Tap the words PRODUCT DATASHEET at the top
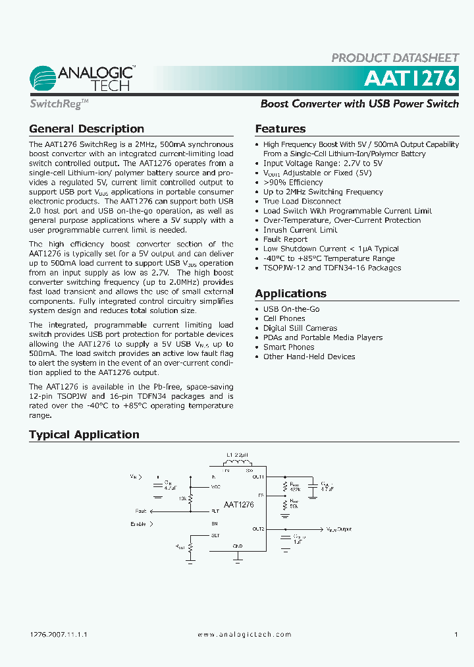394,58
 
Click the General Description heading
86,129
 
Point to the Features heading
280,129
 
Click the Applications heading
290,293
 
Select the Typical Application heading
84,434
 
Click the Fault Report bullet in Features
285,239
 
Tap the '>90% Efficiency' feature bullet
293,182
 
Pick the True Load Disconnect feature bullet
302,201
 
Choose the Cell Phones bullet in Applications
284,318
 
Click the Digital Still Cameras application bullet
300,328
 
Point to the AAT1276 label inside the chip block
238,505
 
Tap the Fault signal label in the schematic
141,511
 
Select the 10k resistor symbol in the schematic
190,499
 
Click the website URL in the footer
244,634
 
